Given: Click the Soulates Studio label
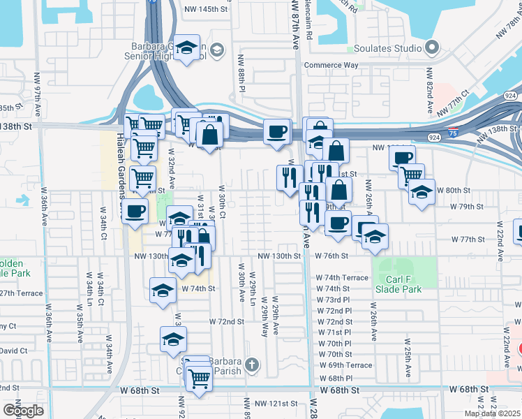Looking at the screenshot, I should point(389,48).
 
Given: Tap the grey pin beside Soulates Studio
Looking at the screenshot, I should point(432,48).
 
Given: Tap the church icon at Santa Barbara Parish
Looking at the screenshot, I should point(251,364).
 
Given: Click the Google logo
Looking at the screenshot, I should point(23,410).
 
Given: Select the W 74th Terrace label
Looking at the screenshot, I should point(342,277).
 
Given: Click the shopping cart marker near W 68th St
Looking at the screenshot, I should point(200,379).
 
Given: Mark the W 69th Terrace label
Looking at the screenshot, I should point(345,365).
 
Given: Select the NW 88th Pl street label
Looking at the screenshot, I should point(241,80).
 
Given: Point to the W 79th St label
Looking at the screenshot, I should point(467,207).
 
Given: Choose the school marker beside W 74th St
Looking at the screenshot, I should point(163,290).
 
